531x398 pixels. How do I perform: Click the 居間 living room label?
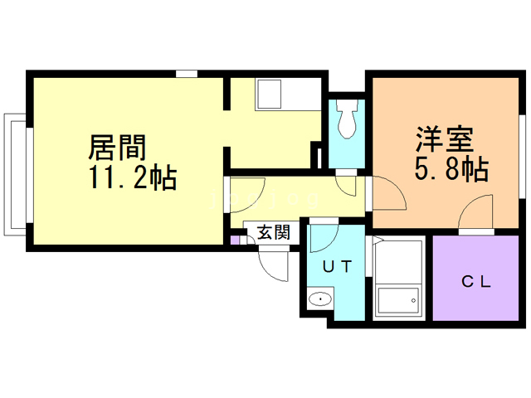117,148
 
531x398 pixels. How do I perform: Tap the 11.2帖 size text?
133,177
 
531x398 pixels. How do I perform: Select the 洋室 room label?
445,139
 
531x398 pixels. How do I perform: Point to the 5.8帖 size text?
451,168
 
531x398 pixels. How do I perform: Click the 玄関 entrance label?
274,232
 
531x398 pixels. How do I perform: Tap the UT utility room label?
338,267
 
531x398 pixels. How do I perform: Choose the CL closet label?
476,282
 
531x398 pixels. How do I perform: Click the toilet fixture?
346,119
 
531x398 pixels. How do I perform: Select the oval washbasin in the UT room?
320,298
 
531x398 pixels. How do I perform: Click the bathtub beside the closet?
398,279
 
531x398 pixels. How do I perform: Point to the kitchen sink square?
269,94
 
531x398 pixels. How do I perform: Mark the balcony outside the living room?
15,175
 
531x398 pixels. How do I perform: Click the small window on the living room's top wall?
187,74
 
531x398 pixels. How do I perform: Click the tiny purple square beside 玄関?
235,240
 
